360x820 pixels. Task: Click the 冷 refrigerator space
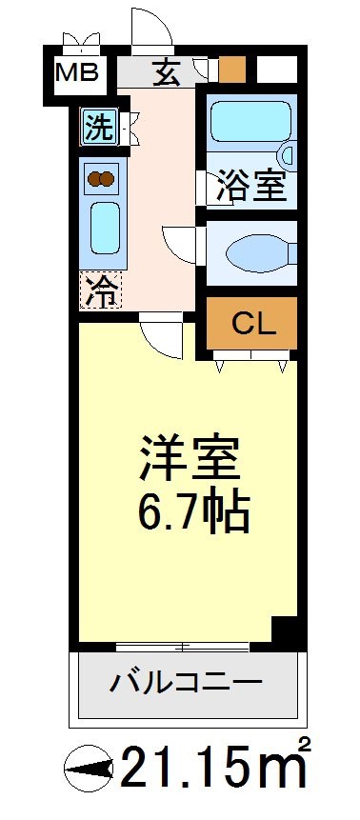(100, 290)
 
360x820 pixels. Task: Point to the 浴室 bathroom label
(251, 186)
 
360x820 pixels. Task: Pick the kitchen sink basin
(101, 226)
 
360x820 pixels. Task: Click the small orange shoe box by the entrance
(232, 70)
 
